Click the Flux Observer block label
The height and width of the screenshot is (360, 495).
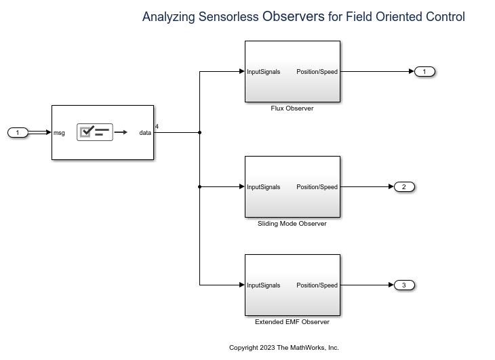point(292,108)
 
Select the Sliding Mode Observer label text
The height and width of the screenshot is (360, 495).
point(292,223)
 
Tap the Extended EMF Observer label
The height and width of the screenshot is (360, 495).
point(292,321)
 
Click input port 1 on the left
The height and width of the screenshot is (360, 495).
point(18,132)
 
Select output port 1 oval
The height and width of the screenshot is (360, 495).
point(424,71)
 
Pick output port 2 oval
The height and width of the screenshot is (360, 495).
point(404,186)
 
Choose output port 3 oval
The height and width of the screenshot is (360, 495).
point(404,285)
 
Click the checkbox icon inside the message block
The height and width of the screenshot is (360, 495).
point(86,132)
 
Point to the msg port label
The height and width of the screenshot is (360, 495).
point(60,133)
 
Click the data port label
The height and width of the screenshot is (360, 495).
point(145,133)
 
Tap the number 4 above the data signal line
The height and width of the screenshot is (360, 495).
point(157,126)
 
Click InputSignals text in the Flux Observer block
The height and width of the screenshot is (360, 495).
point(264,72)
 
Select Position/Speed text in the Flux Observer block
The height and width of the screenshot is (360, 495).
point(317,72)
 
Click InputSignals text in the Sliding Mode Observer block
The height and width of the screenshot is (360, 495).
point(264,187)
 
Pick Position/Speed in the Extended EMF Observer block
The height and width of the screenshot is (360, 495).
point(317,285)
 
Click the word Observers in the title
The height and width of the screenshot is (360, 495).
point(293,16)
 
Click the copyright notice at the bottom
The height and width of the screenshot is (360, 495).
point(283,347)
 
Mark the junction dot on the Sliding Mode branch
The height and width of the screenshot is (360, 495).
point(199,186)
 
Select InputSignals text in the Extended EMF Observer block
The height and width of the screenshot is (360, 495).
point(264,285)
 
